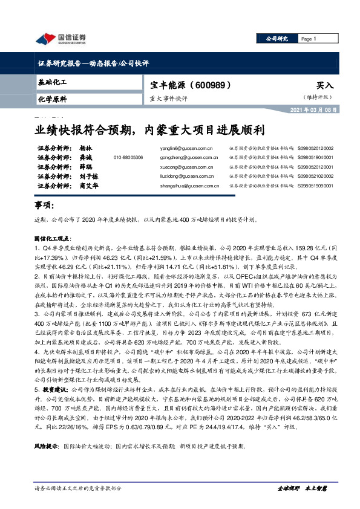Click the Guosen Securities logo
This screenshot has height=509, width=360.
click(x=61, y=39)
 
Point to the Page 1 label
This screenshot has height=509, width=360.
click(x=309, y=39)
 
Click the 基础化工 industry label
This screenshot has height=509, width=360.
click(x=52, y=81)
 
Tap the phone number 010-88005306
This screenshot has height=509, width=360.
click(x=128, y=157)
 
